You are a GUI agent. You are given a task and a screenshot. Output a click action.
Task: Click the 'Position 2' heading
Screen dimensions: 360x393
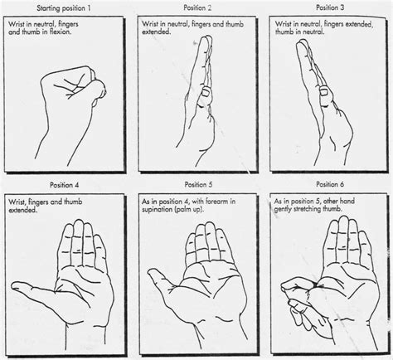click(197, 7)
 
